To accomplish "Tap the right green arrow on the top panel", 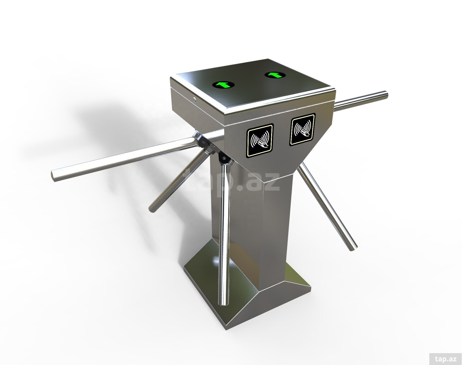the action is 275,75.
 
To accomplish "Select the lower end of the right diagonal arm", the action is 353,249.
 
